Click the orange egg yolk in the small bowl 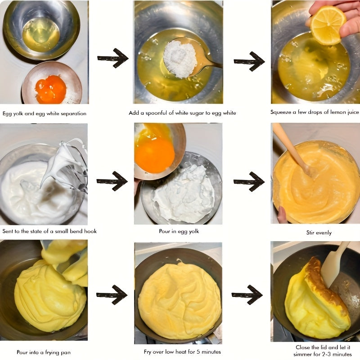(51, 89)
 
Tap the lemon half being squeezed (328, 25)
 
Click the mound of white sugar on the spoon (180, 60)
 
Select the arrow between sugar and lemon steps (249, 61)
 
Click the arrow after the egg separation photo (113, 58)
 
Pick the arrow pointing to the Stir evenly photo (249, 181)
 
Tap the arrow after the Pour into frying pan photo (112, 295)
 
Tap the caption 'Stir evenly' (319, 233)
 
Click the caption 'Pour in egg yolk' (179, 231)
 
